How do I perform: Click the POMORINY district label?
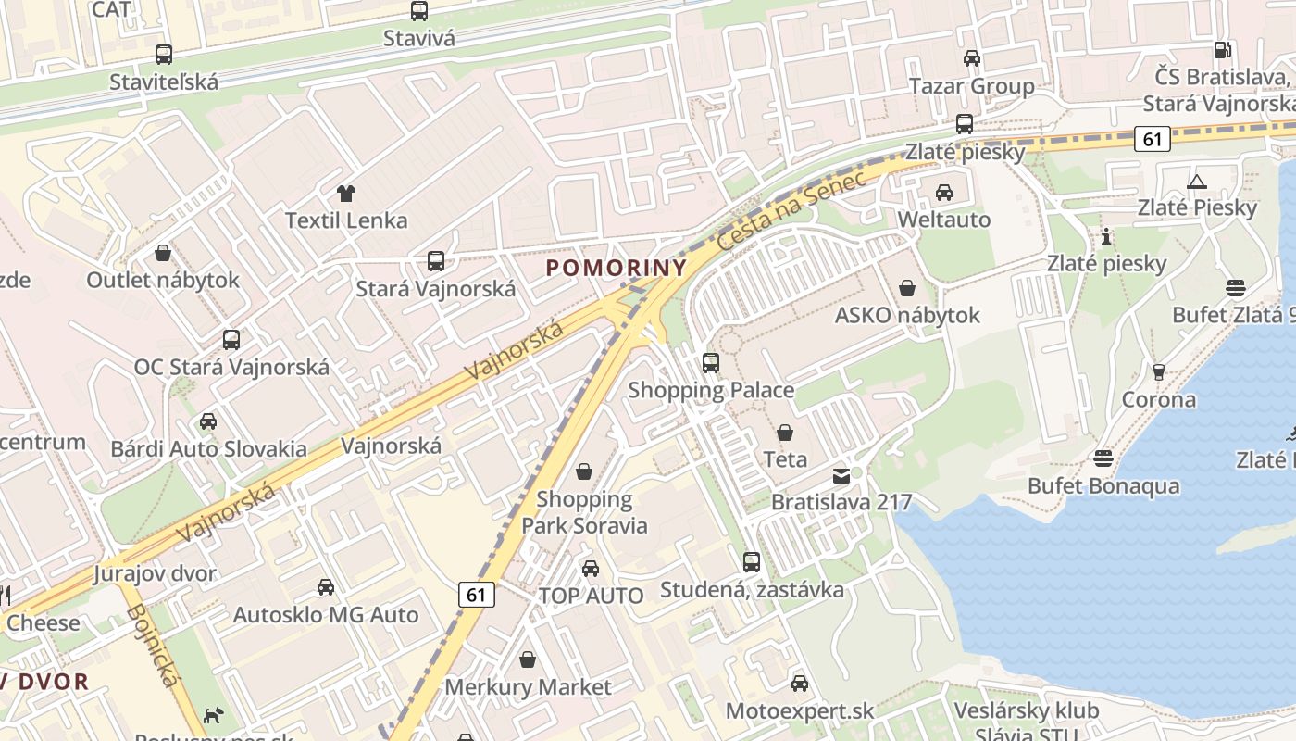[617, 269]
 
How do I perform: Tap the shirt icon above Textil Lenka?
[346, 194]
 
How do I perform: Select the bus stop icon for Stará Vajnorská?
[436, 261]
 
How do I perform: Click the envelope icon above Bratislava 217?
[841, 476]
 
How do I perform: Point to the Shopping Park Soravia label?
[584, 513]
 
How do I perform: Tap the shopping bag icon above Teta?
[785, 433]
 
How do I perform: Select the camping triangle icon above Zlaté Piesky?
[1197, 182]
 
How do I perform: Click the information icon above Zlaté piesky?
[1105, 236]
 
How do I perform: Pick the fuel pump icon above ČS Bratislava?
[1223, 50]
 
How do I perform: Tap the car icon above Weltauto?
[944, 193]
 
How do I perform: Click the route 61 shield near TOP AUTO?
[476, 595]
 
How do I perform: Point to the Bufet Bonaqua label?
[1103, 486]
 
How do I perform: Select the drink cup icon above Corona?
[1158, 372]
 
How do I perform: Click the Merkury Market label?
[528, 687]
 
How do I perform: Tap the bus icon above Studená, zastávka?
[752, 562]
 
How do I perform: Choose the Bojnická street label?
[151, 646]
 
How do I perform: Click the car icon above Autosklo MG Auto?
[326, 587]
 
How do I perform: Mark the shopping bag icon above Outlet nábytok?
[163, 253]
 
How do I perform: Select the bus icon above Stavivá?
[419, 11]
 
